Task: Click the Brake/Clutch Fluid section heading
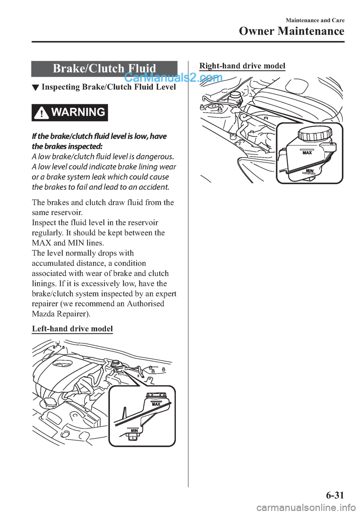104,68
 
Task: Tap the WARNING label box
70,112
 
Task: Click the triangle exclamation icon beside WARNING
41,113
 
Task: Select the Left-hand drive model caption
72,328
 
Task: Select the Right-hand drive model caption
242,66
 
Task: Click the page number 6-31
334,495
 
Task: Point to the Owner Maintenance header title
291,31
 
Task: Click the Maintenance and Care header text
315,20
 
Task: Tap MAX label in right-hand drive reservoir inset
307,153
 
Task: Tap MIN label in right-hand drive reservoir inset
310,171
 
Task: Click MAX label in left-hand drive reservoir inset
156,404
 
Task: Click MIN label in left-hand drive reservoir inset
135,430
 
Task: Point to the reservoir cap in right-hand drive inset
314,133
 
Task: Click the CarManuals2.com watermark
173,78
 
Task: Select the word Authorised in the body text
145,303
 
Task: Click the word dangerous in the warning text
154,156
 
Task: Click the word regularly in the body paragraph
46,232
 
